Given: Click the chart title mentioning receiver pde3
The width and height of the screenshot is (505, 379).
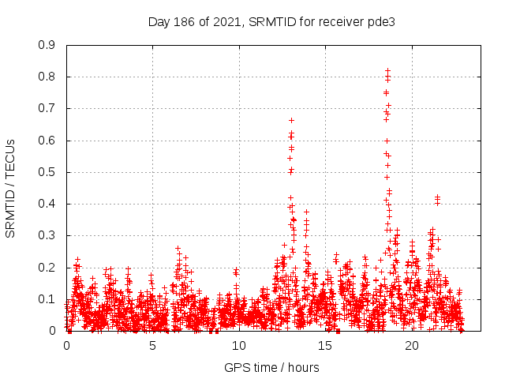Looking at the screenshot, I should tap(271, 21).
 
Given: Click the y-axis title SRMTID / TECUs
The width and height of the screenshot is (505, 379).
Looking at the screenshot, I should tap(10, 188).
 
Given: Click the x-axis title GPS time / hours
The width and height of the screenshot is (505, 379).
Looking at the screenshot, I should tap(271, 367).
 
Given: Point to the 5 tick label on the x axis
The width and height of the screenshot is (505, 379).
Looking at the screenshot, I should tap(152, 346).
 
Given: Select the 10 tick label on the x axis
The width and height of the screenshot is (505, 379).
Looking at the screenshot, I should tap(238, 346).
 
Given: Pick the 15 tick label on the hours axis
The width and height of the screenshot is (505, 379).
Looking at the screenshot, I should tap(325, 346).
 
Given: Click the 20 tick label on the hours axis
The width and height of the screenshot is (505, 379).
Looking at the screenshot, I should tap(411, 346).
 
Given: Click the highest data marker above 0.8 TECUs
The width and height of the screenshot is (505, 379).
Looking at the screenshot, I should tap(387, 71).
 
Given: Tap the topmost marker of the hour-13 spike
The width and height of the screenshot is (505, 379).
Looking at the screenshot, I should tap(291, 120).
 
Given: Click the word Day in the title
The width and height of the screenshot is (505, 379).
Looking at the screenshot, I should tap(159, 21).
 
